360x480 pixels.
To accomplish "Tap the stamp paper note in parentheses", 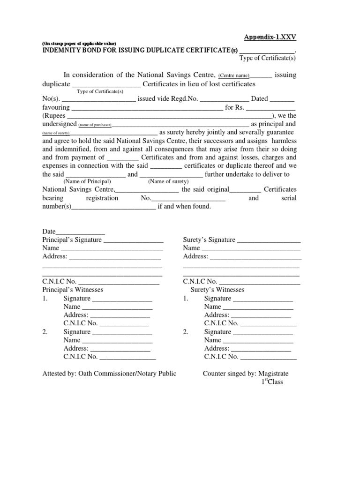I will coord(82,43).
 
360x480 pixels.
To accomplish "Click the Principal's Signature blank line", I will coord(133,240).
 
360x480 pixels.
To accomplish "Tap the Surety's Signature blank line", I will coord(269,240).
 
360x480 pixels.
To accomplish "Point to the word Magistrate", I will coord(273,374).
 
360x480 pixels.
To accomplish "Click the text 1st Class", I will coord(272,382).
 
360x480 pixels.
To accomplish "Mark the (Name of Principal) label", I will coord(87,181).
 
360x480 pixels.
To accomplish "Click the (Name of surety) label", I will coord(168,181).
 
